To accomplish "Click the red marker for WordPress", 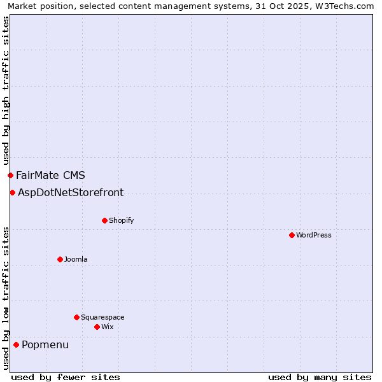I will coord(292,235).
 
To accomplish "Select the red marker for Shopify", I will coord(104,220).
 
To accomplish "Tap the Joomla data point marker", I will coord(60,259).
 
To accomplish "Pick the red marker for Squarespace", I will coord(76,317).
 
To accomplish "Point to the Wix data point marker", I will coord(97,327).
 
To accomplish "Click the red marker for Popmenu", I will coord(16,345).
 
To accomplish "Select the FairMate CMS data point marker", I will coord(10,175).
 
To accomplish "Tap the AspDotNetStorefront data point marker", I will coord(12,192).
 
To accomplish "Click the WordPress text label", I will coord(314,236).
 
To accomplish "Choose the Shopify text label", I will coord(121,221).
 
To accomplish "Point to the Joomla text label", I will coord(76,260).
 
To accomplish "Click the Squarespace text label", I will coord(103,318).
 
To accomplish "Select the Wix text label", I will coord(107,327).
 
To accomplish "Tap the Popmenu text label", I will coord(45,345).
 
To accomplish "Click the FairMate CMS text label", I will coord(50,176).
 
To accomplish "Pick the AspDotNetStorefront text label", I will coord(71,193).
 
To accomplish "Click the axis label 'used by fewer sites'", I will coord(66,377).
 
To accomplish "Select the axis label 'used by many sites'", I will coord(320,377).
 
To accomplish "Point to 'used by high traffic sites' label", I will coord(6,91).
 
